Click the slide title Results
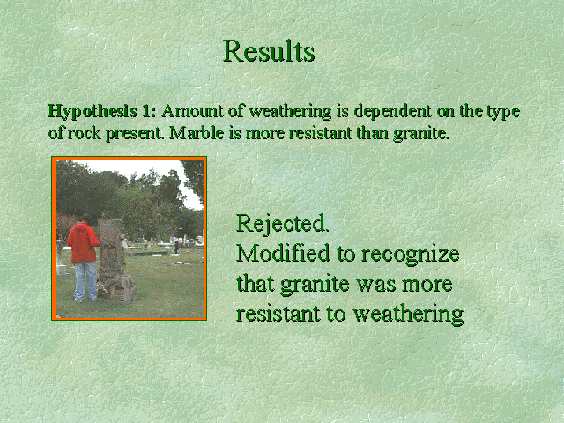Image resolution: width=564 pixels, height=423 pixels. (269, 51)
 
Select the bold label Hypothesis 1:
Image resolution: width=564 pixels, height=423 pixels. (102, 112)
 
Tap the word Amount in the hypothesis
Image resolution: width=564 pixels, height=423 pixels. (192, 111)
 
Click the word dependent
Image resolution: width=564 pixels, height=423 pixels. (392, 112)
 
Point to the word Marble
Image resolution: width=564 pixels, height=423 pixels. (197, 133)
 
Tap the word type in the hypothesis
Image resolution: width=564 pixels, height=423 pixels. (503, 112)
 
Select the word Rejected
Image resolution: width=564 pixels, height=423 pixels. (282, 223)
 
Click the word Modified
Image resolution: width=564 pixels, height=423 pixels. (283, 253)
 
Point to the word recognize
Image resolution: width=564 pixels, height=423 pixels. (410, 255)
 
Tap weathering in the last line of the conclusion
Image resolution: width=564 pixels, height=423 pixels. (408, 315)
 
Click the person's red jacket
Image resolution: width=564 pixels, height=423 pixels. (83, 242)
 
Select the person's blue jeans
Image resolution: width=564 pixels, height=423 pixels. (85, 281)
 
